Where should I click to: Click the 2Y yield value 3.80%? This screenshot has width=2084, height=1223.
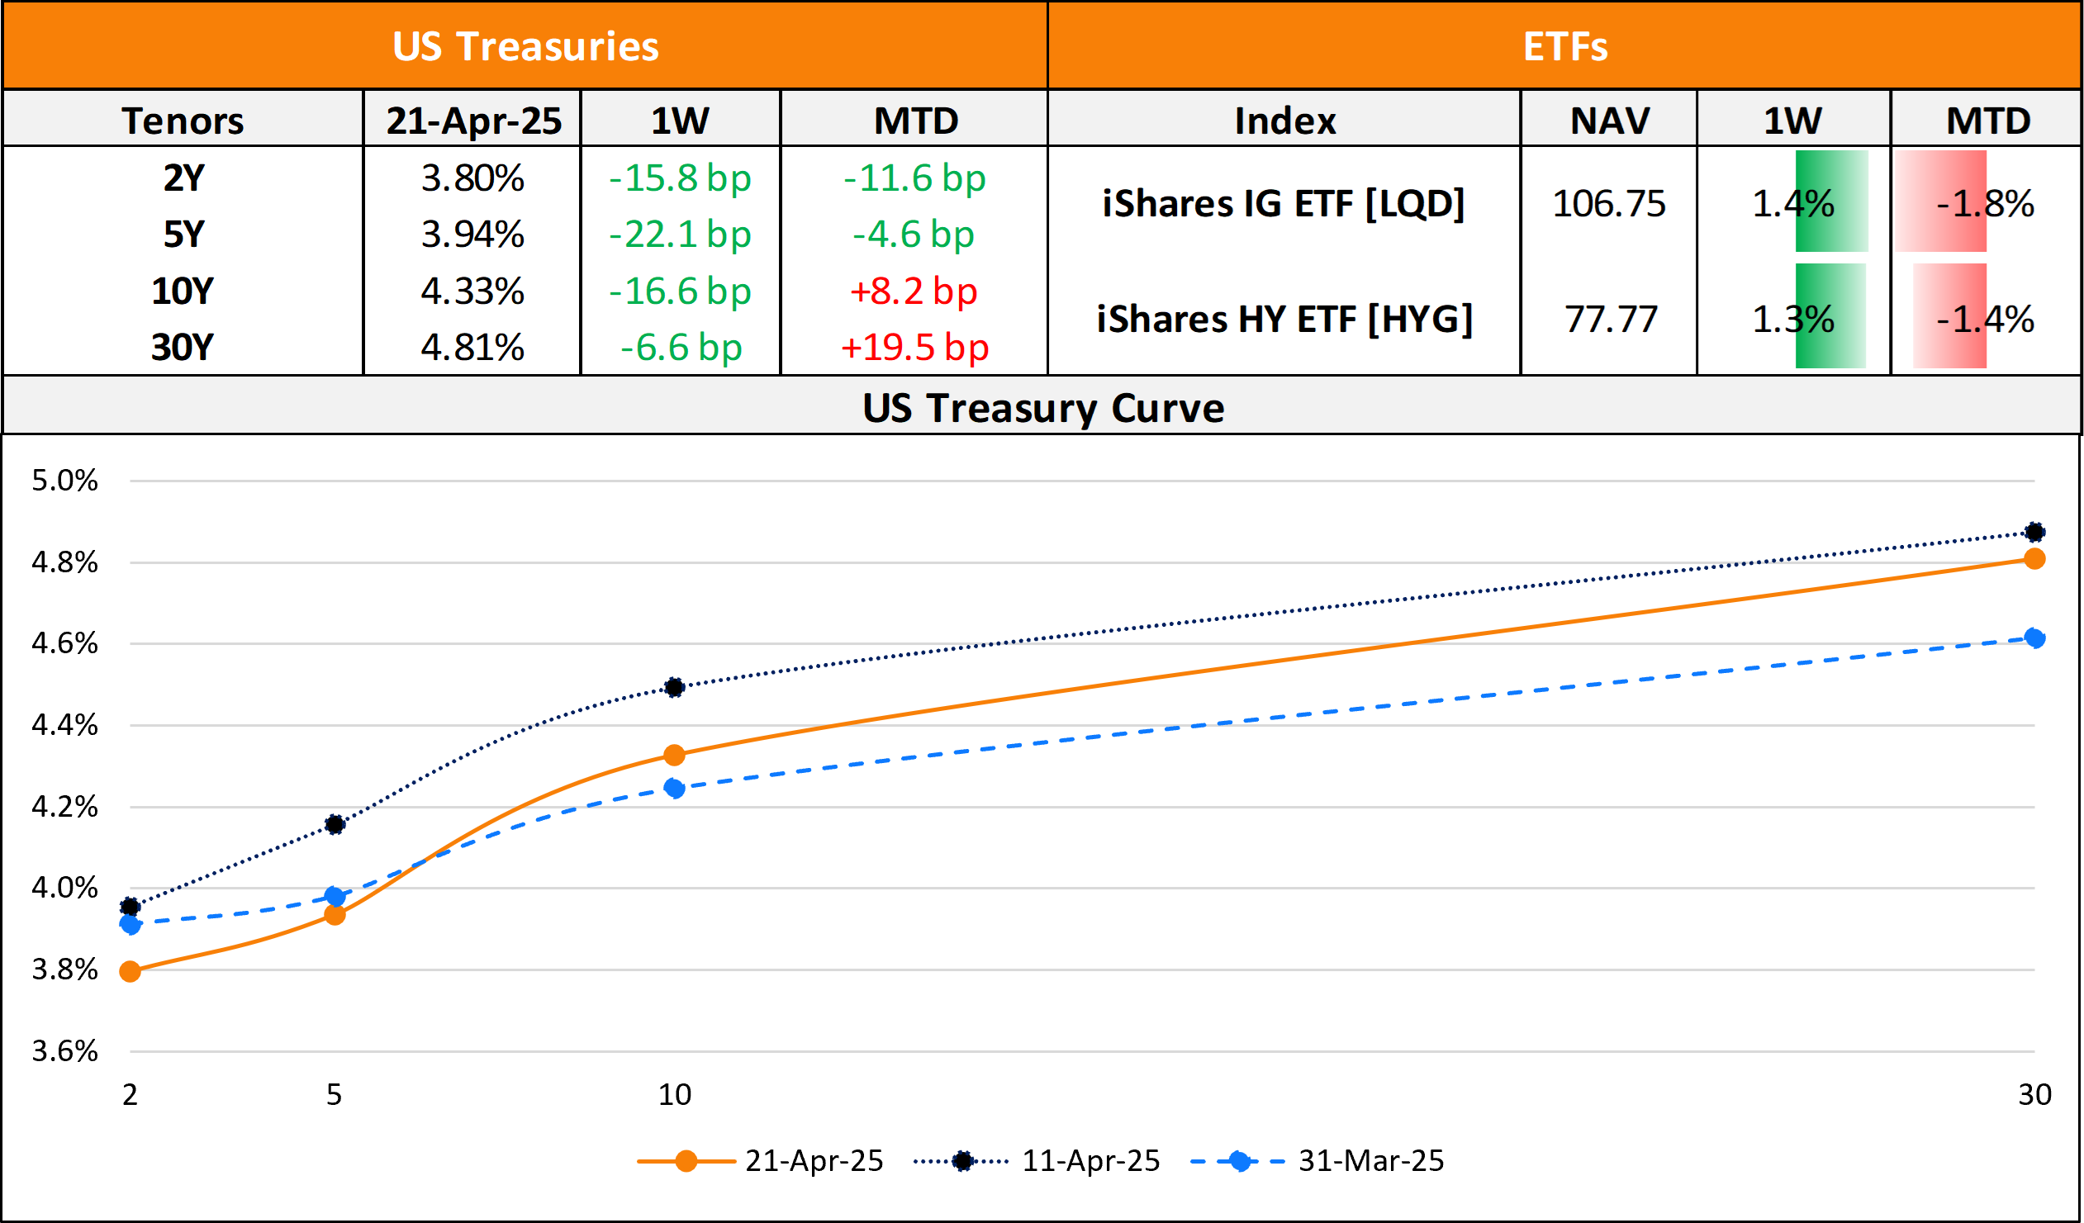(x=472, y=178)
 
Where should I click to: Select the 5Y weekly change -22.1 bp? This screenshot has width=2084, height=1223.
(x=680, y=235)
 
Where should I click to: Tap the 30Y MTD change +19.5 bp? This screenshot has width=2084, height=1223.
(x=914, y=348)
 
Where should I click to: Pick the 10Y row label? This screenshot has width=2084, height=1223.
(x=183, y=291)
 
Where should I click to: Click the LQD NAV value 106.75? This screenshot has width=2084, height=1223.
(x=1608, y=204)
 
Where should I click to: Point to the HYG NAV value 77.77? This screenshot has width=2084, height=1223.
(x=1611, y=320)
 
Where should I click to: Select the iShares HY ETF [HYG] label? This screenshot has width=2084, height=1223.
(x=1284, y=320)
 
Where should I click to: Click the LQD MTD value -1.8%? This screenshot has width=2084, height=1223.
(x=1985, y=204)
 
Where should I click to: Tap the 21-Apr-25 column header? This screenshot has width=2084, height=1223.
(x=473, y=121)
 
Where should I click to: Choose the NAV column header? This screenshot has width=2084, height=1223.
(x=1609, y=121)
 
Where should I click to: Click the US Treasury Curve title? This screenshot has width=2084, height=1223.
(x=1043, y=408)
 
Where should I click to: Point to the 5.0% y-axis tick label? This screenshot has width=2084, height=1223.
(x=64, y=481)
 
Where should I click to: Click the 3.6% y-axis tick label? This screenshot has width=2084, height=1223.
(x=64, y=1051)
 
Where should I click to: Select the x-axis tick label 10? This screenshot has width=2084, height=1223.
(x=674, y=1094)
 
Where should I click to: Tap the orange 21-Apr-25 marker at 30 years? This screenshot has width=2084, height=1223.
(x=2034, y=559)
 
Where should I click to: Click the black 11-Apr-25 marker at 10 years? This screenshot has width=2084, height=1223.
(x=674, y=687)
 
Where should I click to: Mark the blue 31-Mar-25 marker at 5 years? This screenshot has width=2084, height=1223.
(x=334, y=896)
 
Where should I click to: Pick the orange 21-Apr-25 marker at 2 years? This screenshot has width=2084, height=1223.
(x=130, y=972)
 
